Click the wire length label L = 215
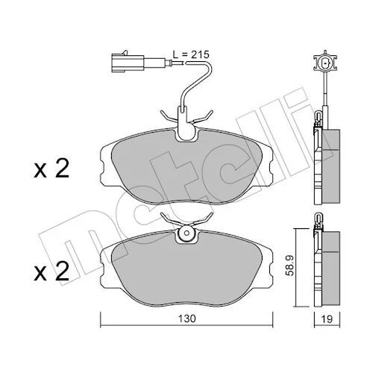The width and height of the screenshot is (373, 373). [191, 54]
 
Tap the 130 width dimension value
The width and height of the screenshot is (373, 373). [187, 319]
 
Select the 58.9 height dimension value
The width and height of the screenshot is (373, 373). [290, 267]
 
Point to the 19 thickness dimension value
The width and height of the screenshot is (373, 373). [327, 319]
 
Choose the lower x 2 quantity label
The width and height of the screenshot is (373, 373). [51, 272]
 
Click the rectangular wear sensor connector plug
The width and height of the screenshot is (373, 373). [128, 63]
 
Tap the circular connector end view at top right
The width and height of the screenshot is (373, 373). [325, 63]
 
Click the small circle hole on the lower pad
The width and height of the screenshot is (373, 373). [186, 233]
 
